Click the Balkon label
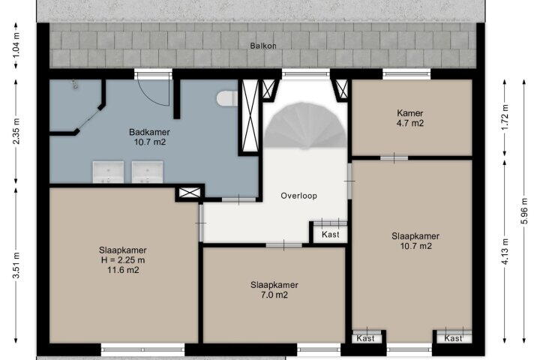263,46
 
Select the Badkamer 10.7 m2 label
149,136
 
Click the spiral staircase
306,126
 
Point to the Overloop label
299,196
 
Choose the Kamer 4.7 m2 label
409,118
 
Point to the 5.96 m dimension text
523,211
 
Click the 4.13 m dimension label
505,251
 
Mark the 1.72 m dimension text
505,118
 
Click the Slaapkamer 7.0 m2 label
274,289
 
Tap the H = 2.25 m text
123,260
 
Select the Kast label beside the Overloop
331,234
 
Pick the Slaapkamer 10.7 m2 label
415,241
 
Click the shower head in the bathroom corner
74,84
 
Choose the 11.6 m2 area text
123,270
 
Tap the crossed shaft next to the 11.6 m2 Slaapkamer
190,193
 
